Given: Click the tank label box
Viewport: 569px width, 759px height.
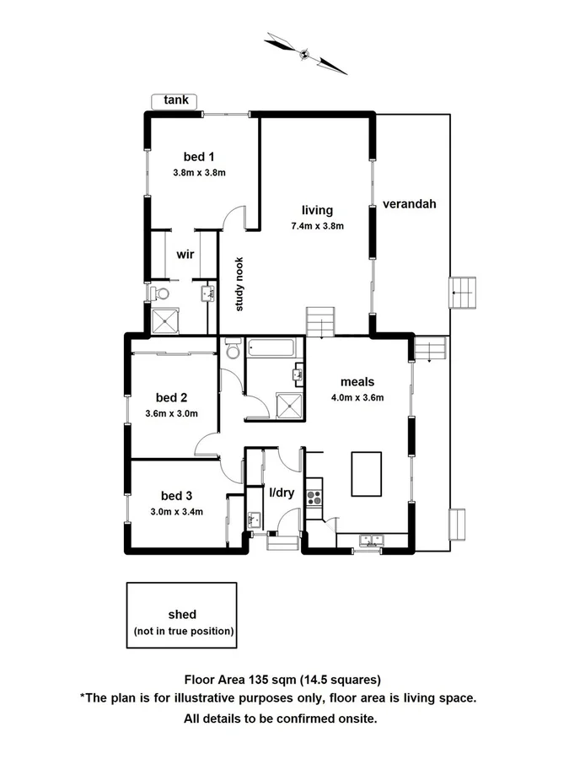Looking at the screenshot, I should pyautogui.click(x=174, y=101).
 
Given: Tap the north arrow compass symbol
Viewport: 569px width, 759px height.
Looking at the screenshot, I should pyautogui.click(x=305, y=52).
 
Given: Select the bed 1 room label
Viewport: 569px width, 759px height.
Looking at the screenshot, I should pyautogui.click(x=200, y=156).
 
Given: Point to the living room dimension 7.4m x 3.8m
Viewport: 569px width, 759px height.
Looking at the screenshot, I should pyautogui.click(x=317, y=226).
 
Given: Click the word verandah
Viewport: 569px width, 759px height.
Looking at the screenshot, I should pyautogui.click(x=409, y=204).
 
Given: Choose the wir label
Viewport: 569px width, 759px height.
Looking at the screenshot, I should pyautogui.click(x=185, y=254).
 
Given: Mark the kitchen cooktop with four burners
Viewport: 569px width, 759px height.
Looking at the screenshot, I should pyautogui.click(x=314, y=492).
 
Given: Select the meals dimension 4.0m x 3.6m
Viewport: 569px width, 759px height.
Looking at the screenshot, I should pyautogui.click(x=357, y=398).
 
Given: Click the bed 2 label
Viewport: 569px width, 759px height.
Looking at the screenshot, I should pyautogui.click(x=171, y=397).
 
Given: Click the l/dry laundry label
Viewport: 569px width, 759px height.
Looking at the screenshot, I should pyautogui.click(x=281, y=493).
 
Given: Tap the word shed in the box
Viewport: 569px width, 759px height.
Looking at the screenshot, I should pyautogui.click(x=182, y=615).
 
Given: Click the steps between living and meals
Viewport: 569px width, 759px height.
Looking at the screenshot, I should pyautogui.click(x=320, y=322).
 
